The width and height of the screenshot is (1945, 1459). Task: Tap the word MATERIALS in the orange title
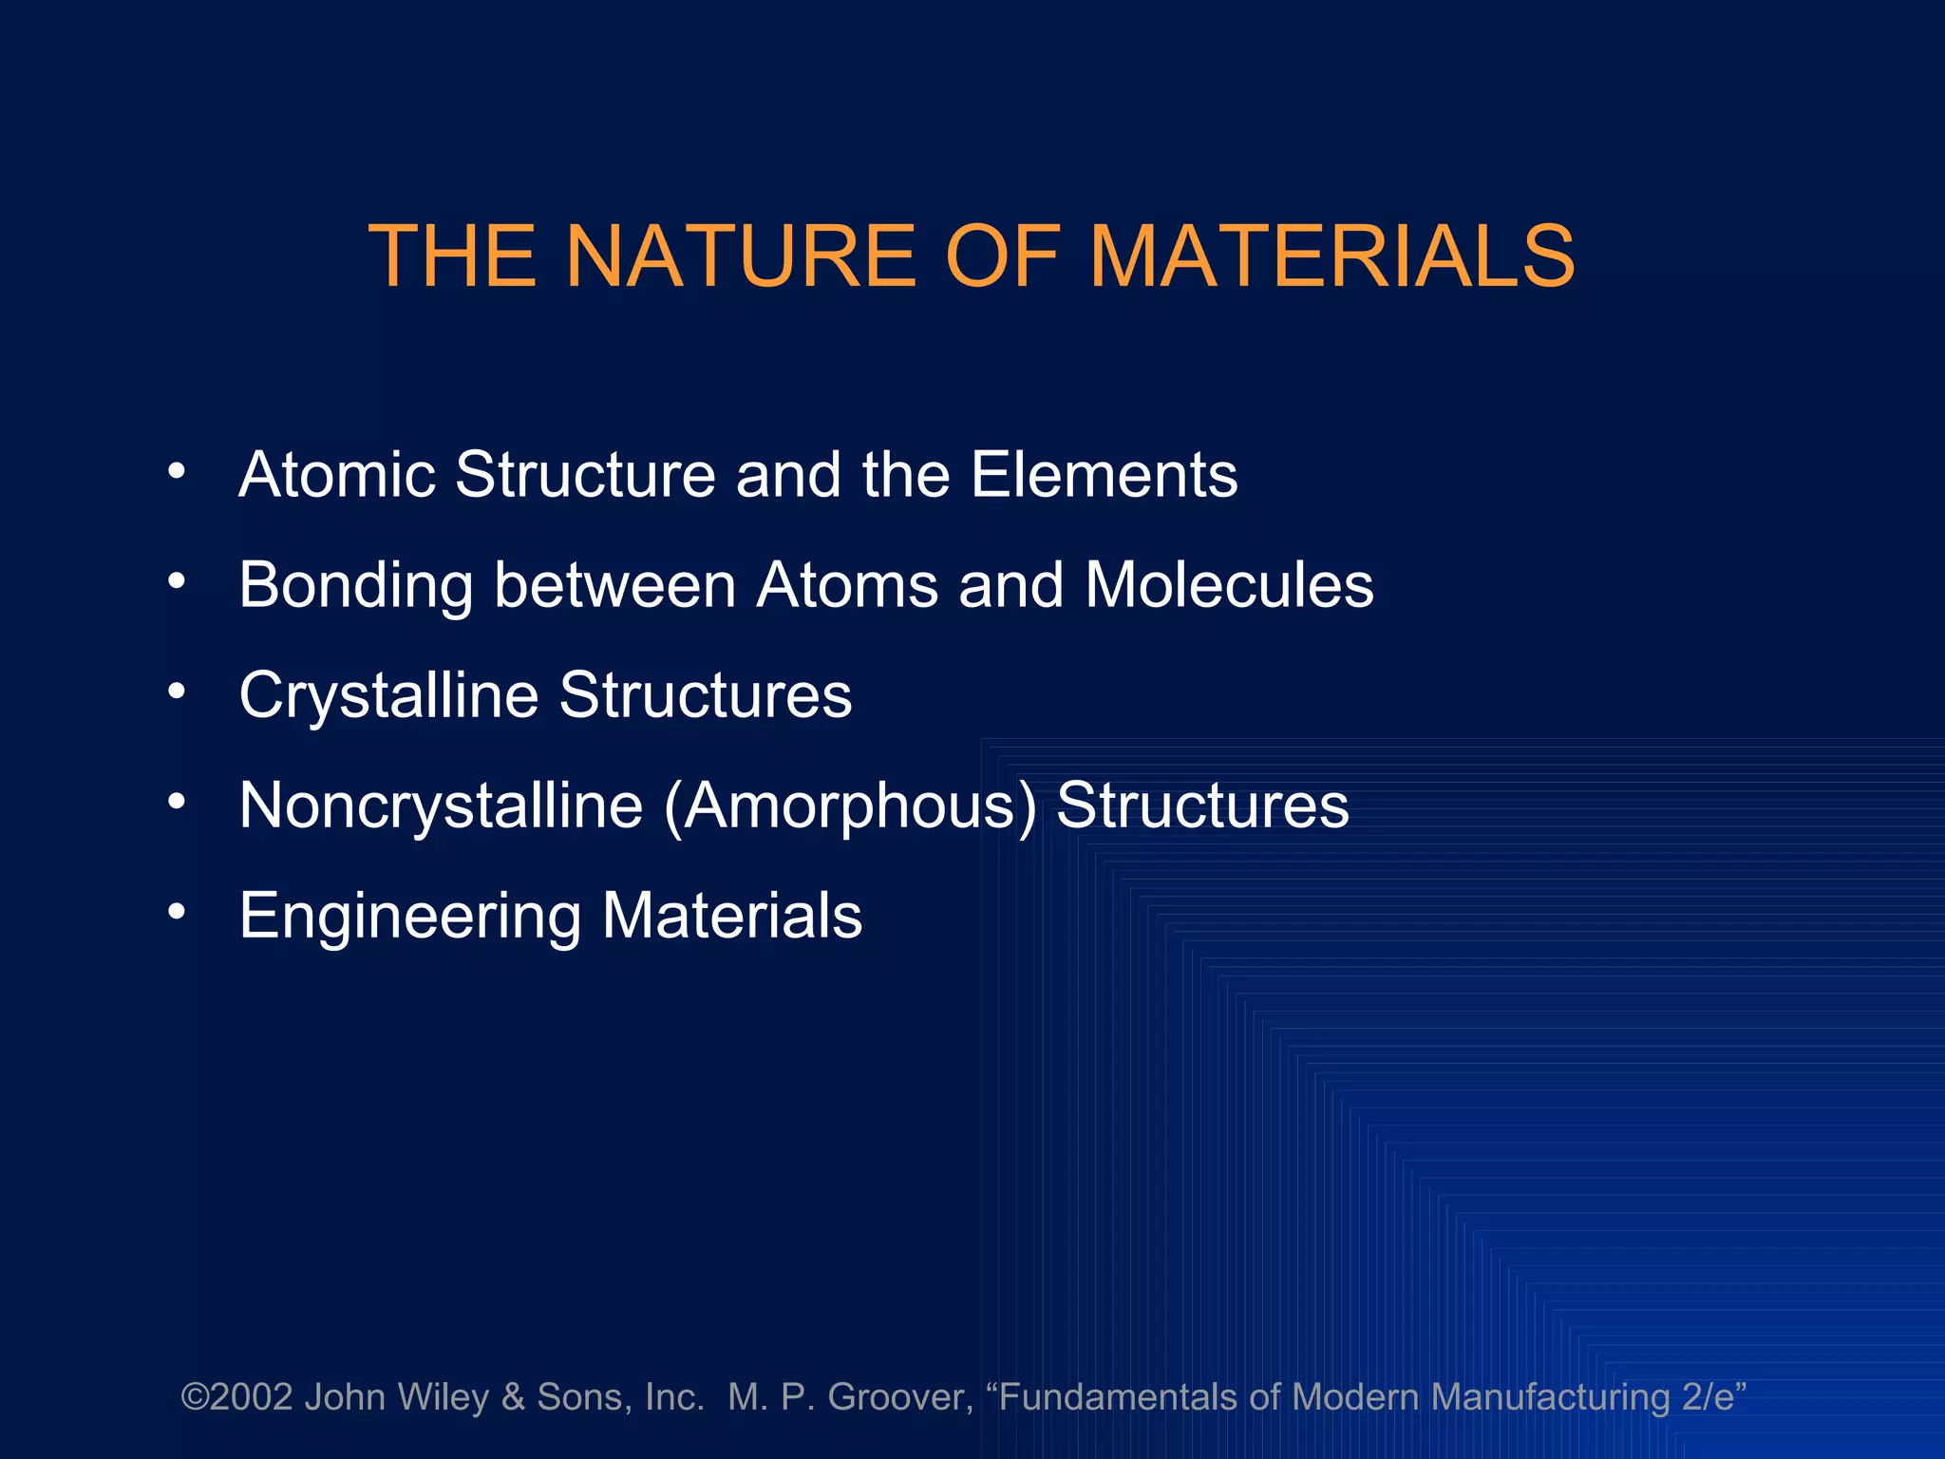coord(1331,256)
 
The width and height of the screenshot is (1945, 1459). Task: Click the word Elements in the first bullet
coord(1104,474)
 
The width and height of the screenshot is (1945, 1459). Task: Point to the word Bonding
coord(356,586)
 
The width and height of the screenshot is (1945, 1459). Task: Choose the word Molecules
coord(1229,584)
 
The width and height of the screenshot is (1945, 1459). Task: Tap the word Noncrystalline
coord(441,806)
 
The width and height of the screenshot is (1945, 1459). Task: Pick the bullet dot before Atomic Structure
coord(177,471)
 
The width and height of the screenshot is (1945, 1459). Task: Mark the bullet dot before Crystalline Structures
coord(177,692)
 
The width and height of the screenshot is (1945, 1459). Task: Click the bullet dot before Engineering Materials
coord(177,912)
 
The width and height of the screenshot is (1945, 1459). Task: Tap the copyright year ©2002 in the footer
coord(236,1397)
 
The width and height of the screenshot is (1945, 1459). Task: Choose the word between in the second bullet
coord(614,584)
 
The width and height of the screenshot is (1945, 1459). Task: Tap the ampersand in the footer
coord(513,1397)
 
